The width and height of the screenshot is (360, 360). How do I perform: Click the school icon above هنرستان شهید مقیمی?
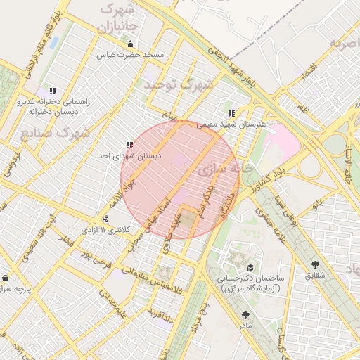pos(231,112)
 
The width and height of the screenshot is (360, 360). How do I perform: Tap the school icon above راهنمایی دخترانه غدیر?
pos(52,91)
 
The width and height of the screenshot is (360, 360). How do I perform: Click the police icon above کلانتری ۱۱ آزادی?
pos(105,219)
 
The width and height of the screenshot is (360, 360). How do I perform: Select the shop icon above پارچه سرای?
pos(6,278)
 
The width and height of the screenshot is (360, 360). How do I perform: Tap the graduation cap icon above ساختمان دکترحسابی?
pos(251,267)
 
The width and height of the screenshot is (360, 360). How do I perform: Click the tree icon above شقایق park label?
pos(314,265)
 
